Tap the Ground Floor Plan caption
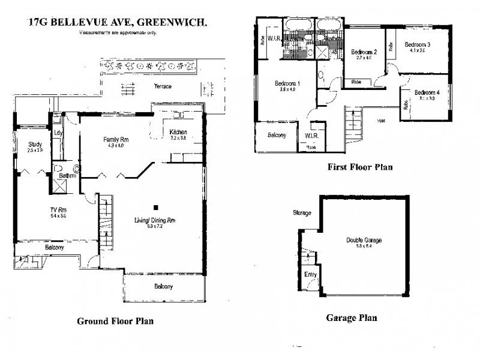(x=115, y=321)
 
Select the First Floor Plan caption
(x=360, y=167)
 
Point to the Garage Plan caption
(x=351, y=318)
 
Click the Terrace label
(x=162, y=86)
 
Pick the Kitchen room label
(x=178, y=132)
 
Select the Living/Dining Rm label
(x=155, y=221)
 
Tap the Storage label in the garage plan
(x=302, y=213)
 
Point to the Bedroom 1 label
(x=287, y=83)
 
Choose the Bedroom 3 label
(x=417, y=44)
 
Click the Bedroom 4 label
(x=427, y=92)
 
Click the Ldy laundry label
(x=58, y=133)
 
